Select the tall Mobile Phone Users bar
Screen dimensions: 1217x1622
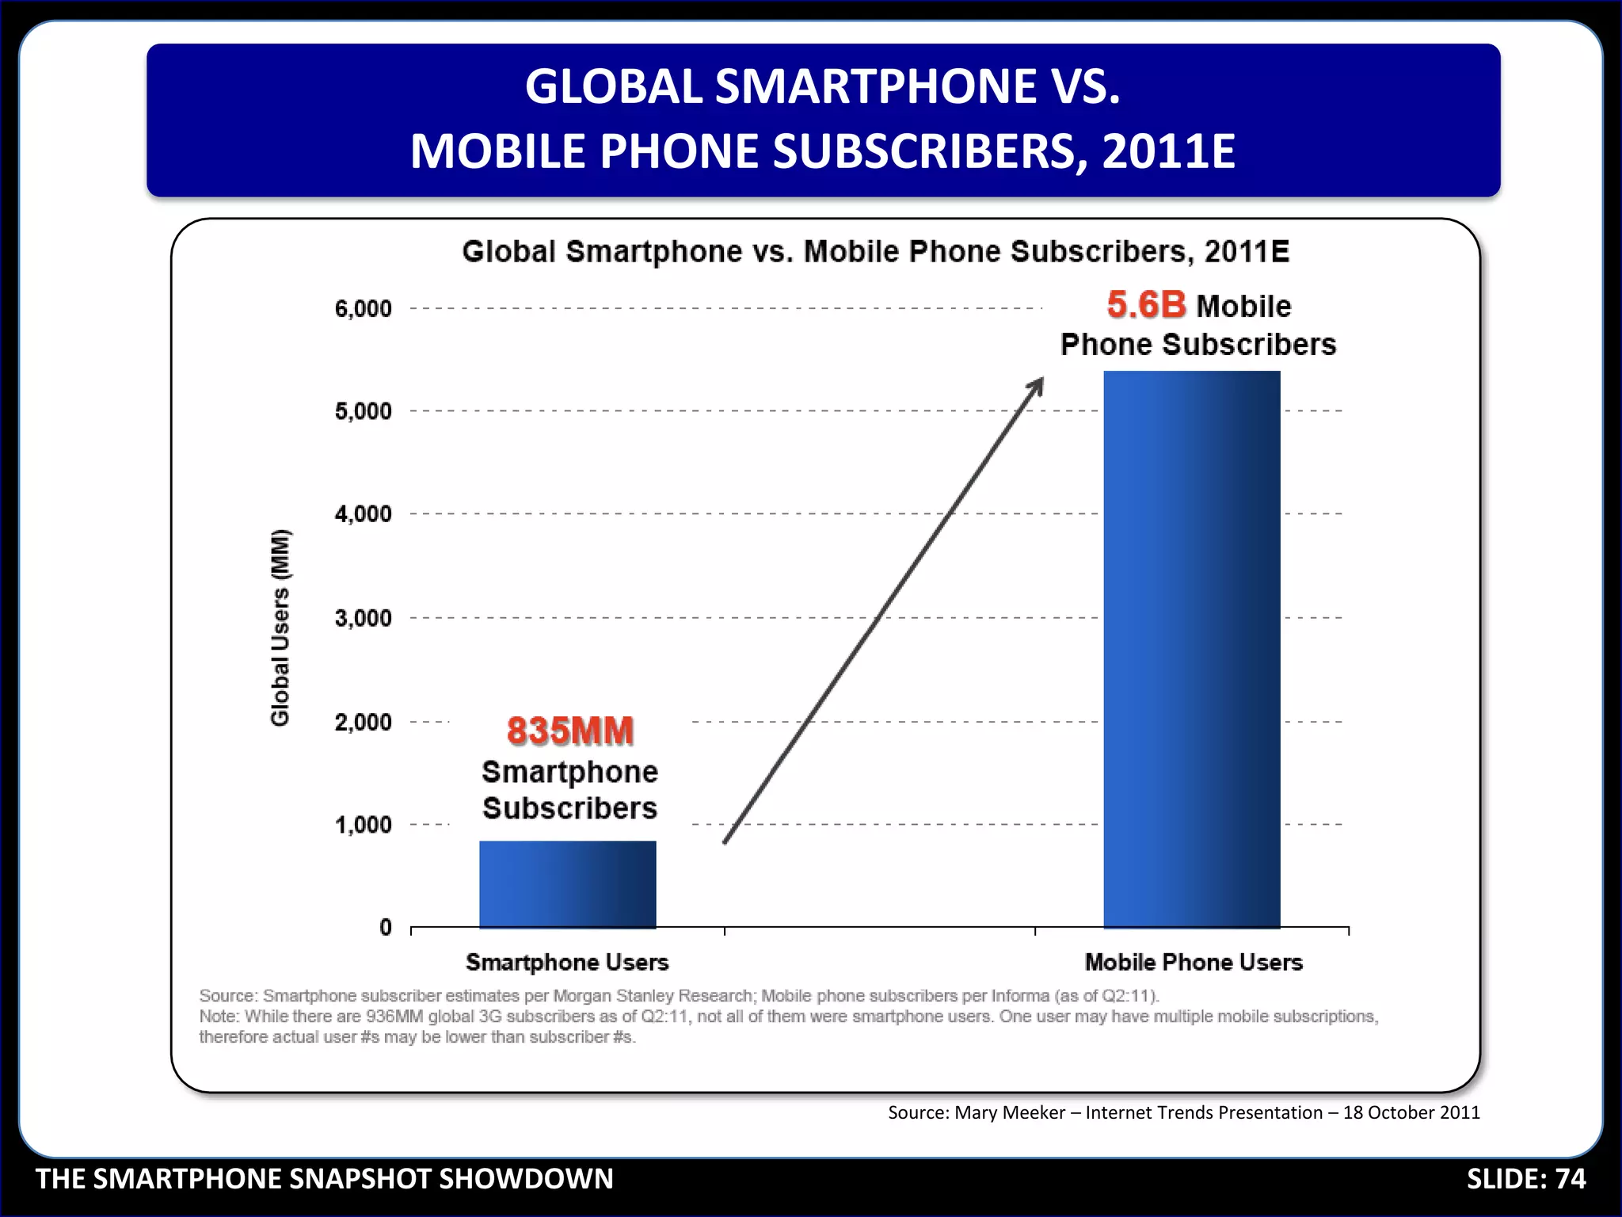[x=1191, y=650]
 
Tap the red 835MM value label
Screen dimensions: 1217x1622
[x=570, y=731]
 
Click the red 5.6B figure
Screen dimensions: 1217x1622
[x=1146, y=305]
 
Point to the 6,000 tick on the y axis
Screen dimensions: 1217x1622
[x=363, y=308]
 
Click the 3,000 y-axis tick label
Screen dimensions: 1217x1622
[x=363, y=618]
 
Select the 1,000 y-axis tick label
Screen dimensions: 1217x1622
[x=363, y=825]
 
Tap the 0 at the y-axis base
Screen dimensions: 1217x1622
[x=386, y=927]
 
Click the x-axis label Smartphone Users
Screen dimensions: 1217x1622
[x=567, y=962]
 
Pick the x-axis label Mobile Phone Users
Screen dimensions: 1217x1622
[x=1193, y=962]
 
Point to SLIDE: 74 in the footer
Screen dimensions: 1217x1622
[x=1525, y=1179]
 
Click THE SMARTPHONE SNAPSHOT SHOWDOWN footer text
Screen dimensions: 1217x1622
[x=325, y=1179]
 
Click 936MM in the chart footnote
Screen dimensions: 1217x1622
[x=394, y=1017]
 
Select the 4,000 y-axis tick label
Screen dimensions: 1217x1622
[x=363, y=514]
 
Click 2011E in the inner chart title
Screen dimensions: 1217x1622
[x=1247, y=252]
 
